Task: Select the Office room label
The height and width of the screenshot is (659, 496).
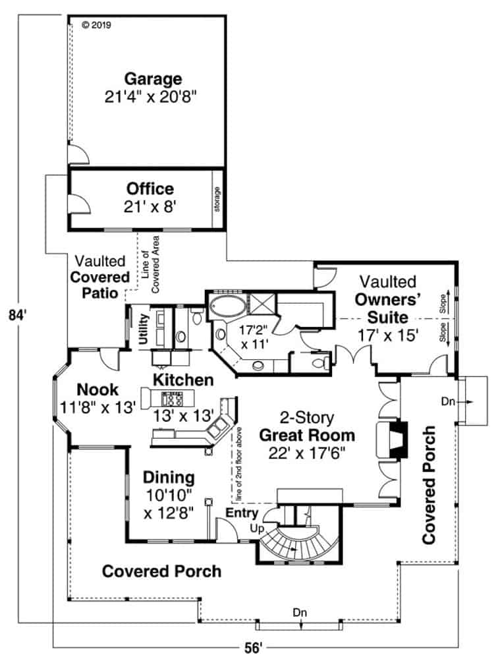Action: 151,189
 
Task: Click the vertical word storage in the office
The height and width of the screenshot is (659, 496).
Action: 217,200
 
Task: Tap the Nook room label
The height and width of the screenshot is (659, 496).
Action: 97,389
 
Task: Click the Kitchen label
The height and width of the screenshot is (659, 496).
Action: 183,380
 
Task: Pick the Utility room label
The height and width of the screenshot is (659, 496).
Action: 144,328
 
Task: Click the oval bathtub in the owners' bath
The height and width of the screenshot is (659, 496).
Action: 227,308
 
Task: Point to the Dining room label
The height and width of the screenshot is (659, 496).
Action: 169,477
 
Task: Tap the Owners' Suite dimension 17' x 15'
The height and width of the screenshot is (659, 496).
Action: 387,335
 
